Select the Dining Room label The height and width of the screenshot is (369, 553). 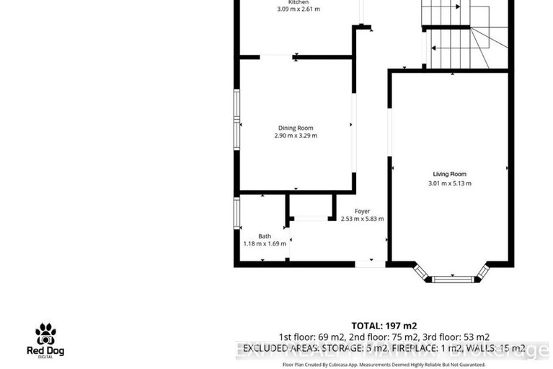[296, 128]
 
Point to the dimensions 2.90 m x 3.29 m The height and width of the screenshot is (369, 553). [296, 136]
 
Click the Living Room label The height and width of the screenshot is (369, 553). [449, 174]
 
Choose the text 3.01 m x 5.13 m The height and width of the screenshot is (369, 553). [449, 183]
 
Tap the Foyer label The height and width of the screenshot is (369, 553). [362, 211]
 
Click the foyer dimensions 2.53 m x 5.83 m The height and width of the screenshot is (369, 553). [362, 219]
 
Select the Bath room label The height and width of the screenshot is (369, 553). [265, 236]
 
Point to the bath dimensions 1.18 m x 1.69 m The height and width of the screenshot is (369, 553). [265, 244]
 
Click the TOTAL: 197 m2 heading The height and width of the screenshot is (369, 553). [384, 325]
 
